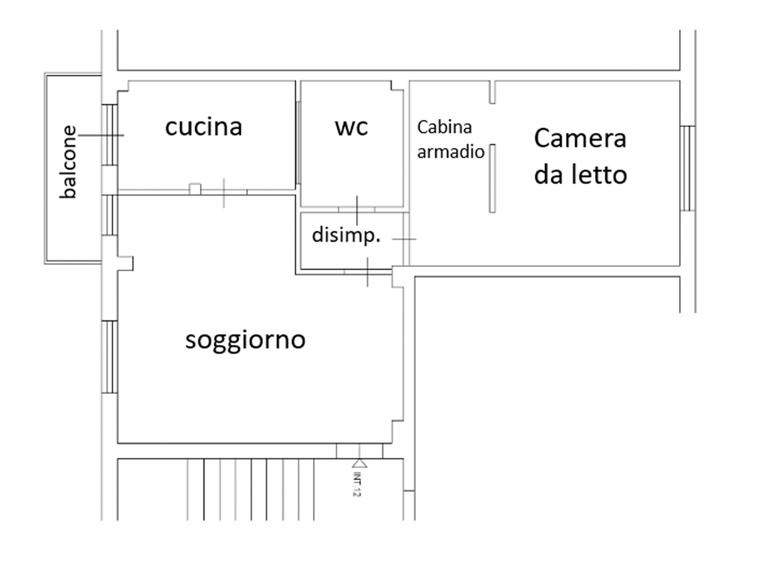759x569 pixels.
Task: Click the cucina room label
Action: coord(203,127)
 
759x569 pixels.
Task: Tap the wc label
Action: coord(351,127)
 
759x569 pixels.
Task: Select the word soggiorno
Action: coord(245,340)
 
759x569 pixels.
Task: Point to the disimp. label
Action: coord(346,235)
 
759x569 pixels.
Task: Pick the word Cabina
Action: coord(444,127)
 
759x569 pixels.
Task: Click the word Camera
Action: coord(580,139)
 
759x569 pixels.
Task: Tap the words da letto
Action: coord(580,174)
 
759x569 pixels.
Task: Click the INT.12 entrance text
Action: coord(357,484)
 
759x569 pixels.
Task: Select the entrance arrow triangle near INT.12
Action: coord(359,463)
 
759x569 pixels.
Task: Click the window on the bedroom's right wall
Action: coord(687,169)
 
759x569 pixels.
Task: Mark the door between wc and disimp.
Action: coord(357,210)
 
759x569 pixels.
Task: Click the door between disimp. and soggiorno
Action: coord(368,272)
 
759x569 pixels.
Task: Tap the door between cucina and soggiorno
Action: coord(224,192)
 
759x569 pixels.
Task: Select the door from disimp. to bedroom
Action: coord(406,239)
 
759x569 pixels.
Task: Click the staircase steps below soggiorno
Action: coord(251,489)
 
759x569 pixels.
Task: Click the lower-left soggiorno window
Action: coord(110,357)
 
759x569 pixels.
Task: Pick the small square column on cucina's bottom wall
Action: coord(195,189)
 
